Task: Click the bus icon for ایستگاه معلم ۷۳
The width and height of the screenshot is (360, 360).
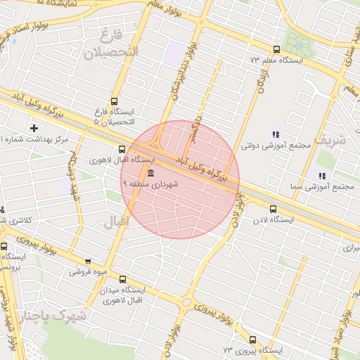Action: tap(276, 50)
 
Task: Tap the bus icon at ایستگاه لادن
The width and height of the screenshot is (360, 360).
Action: tap(274, 208)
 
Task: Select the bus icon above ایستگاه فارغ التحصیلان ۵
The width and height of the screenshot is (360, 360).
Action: tap(115, 101)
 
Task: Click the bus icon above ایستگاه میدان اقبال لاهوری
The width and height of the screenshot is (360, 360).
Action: tap(123, 279)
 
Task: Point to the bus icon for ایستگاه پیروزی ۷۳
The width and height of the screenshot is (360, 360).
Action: tap(252, 340)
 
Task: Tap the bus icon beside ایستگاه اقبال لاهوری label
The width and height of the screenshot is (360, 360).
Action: tap(122, 149)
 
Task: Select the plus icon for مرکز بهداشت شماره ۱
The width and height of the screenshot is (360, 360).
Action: tap(34, 127)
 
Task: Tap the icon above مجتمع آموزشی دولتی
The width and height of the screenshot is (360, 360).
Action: tap(276, 135)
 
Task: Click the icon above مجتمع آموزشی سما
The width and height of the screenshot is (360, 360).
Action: tap(322, 176)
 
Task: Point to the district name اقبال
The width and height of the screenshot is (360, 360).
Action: tap(115, 224)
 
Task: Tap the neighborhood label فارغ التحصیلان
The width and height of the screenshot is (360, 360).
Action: tap(112, 44)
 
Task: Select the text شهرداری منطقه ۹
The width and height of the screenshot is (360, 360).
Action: tap(151, 184)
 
